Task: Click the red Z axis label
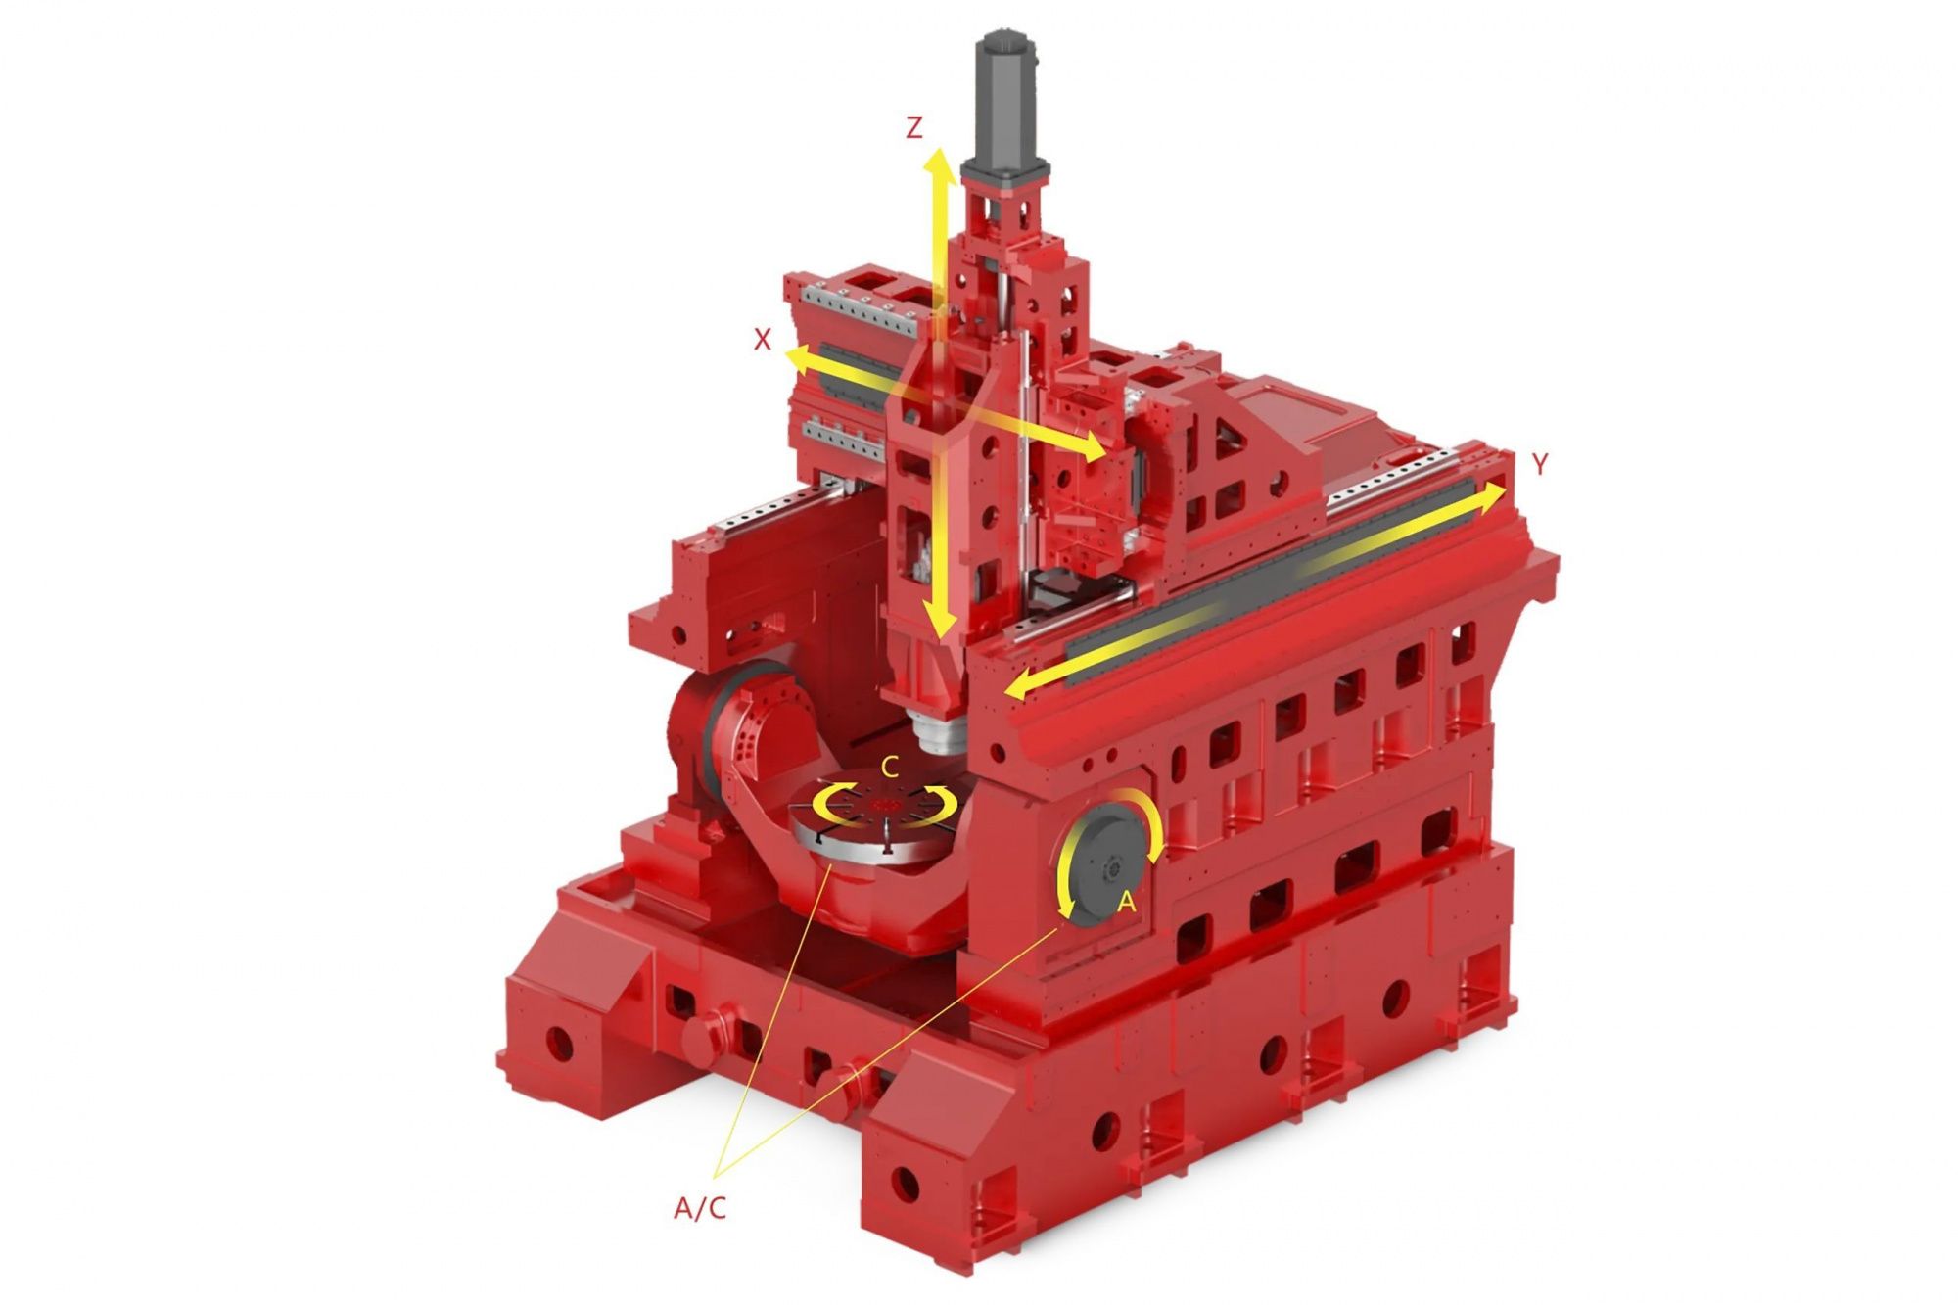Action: (913, 127)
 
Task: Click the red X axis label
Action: (763, 340)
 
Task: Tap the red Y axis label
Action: (1540, 464)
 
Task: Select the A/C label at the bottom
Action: (700, 1208)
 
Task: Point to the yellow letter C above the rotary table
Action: (889, 768)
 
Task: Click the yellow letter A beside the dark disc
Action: (1126, 902)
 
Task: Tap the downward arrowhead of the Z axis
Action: (941, 622)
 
